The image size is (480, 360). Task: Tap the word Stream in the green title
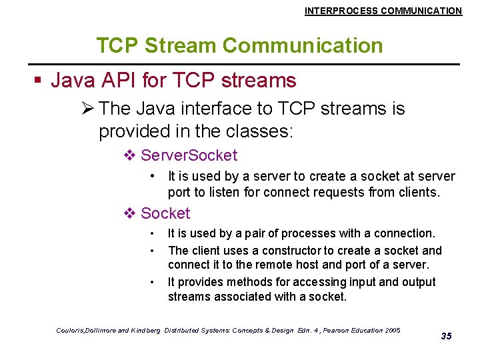180,45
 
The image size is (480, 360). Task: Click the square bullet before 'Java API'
38,81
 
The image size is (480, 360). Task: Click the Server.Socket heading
189,155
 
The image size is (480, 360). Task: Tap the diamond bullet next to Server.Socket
129,156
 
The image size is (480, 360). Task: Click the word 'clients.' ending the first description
419,193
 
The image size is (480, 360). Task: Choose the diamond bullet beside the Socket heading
129,213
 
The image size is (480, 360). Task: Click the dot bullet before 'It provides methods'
153,282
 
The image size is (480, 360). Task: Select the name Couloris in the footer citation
73,330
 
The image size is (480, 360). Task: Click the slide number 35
446,336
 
